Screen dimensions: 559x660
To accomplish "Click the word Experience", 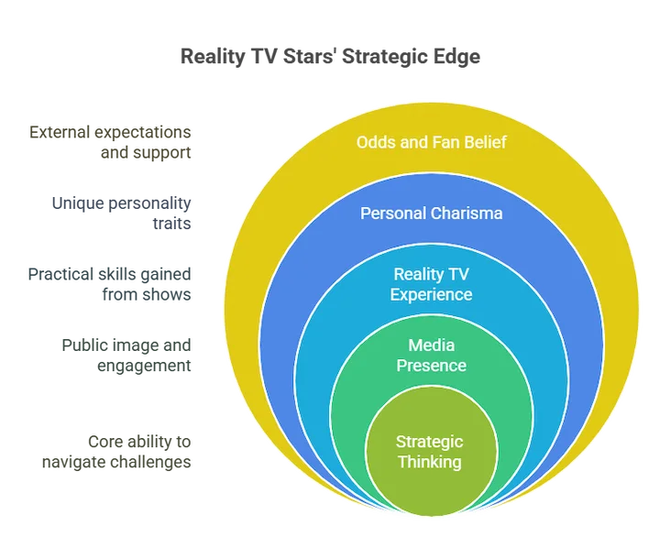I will pyautogui.click(x=431, y=294).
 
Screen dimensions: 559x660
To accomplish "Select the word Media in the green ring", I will pyautogui.click(x=431, y=345).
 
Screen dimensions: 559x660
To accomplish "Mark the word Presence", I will pyautogui.click(x=431, y=366).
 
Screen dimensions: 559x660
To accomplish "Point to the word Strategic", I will pyautogui.click(x=431, y=441).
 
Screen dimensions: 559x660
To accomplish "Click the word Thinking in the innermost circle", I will pyautogui.click(x=431, y=461).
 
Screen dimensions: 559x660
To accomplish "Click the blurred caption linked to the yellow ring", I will pyautogui.click(x=110, y=139).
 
